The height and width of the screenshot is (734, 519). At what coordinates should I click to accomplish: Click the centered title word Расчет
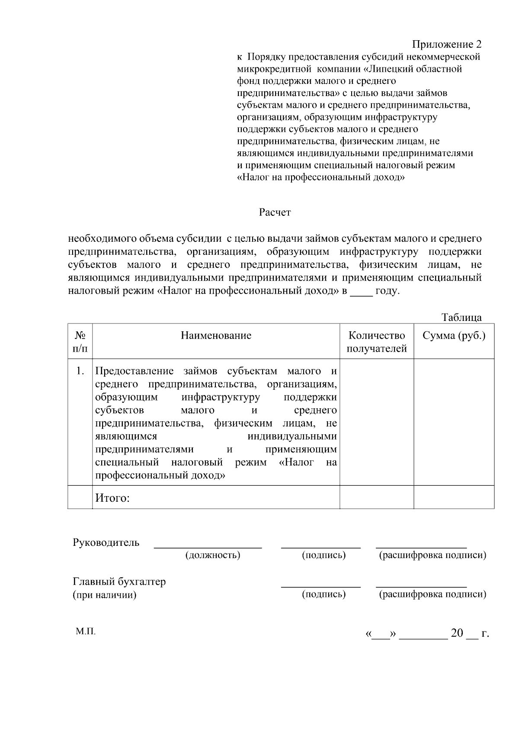(x=275, y=212)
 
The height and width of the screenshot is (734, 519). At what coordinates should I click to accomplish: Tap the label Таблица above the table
(x=461, y=317)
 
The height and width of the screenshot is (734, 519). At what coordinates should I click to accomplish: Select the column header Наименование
(x=216, y=336)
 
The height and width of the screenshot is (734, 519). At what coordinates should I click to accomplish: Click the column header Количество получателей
(x=377, y=342)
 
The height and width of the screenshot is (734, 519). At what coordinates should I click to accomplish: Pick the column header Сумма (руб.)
(x=454, y=336)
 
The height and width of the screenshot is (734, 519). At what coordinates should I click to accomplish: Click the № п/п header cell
(x=80, y=342)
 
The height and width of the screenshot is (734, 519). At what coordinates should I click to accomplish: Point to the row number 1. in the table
(x=80, y=371)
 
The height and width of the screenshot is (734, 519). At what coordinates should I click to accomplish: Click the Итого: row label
(x=112, y=498)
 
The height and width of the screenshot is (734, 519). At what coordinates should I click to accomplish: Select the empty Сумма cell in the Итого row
(x=454, y=497)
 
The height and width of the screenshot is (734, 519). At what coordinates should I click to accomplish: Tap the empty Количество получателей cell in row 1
(x=377, y=422)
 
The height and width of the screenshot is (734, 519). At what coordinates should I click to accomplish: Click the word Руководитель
(x=106, y=542)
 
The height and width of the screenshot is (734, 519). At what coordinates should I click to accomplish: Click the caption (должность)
(x=212, y=555)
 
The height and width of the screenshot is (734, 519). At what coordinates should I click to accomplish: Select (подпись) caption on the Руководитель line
(x=324, y=555)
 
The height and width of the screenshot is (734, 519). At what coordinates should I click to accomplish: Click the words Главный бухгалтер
(x=119, y=581)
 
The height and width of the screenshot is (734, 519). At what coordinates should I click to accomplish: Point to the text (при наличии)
(x=104, y=595)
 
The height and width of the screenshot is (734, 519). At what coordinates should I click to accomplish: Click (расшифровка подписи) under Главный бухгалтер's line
(x=432, y=594)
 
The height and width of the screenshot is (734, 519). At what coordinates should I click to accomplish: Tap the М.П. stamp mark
(x=86, y=631)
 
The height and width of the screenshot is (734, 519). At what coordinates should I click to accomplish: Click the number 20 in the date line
(x=457, y=633)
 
